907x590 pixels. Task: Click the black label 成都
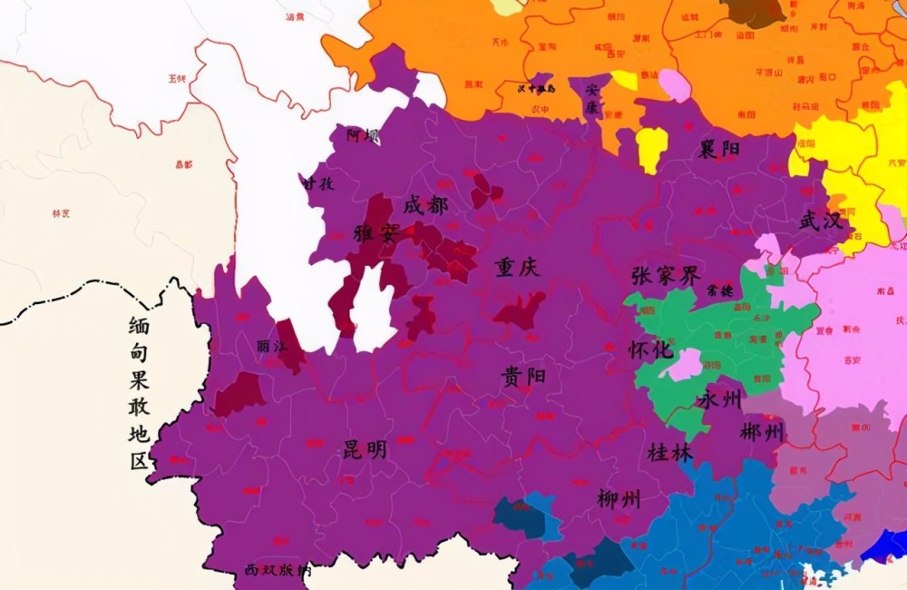425,206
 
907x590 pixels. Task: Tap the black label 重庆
517,268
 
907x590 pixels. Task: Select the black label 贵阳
523,376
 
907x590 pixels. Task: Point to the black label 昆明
365,449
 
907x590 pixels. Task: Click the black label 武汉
822,221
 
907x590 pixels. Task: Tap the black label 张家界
666,275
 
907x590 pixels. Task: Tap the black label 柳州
619,498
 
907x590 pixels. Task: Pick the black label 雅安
376,232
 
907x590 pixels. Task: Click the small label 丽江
268,346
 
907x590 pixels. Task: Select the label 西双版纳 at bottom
278,571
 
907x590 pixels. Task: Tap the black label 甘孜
317,182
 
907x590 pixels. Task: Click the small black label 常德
720,292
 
